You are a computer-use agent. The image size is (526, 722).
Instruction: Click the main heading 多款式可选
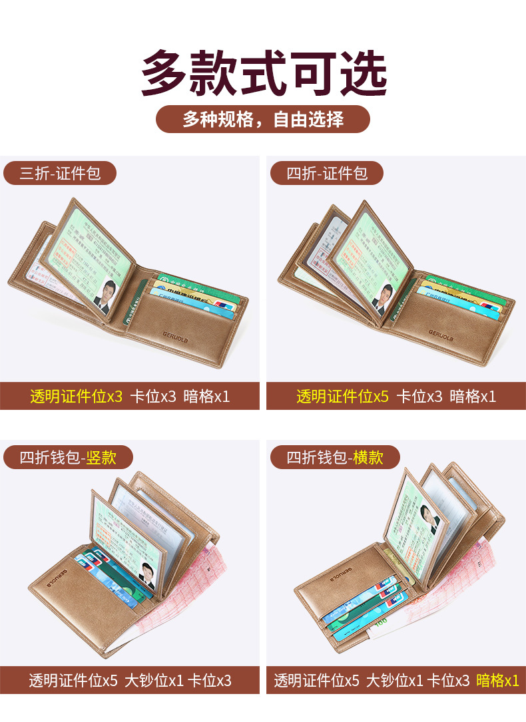click(x=263, y=73)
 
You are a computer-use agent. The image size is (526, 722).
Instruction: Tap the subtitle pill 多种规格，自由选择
click(x=263, y=119)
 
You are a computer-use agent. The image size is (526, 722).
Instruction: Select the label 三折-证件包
click(x=60, y=174)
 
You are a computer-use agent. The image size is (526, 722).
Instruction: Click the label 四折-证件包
click(x=327, y=174)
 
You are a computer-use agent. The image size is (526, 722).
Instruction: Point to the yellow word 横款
click(x=368, y=457)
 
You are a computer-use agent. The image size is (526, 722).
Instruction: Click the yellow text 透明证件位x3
click(x=77, y=397)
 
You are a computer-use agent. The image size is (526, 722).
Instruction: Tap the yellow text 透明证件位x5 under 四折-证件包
click(x=343, y=397)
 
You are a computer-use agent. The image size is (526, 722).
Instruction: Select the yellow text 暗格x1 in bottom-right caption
click(x=497, y=681)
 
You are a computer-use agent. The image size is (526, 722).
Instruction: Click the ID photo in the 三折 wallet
click(x=105, y=295)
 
